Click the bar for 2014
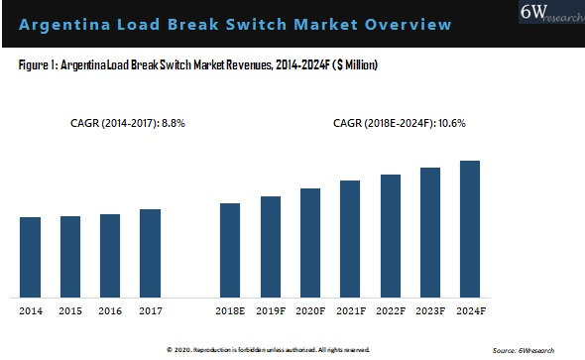[30, 257]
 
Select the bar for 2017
[150, 253]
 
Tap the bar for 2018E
[230, 250]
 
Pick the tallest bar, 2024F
[470, 228]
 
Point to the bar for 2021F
[350, 238]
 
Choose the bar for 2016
[110, 255]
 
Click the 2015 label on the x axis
[70, 310]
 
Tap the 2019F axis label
[271, 310]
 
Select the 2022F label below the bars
[391, 310]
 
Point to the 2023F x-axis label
[430, 310]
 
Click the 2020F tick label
[310, 310]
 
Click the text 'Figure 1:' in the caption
[37, 65]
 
